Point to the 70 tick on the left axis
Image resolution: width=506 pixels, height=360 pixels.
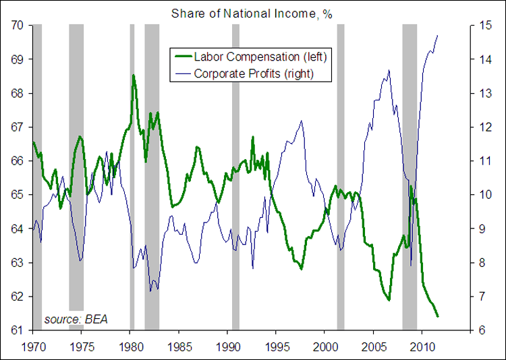tap(18, 25)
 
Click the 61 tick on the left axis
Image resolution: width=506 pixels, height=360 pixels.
tap(18, 330)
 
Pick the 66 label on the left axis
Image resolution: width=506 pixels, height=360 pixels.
tap(18, 161)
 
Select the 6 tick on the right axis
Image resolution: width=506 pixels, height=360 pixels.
tap(480, 330)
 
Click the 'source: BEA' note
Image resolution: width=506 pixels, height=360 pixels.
tap(76, 319)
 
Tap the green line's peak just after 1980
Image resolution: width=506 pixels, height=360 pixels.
tap(134, 75)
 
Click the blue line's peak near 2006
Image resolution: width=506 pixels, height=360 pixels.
tap(389, 70)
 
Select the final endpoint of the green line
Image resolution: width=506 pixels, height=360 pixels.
tap(438, 316)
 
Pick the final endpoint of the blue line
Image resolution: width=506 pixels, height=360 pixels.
tap(438, 35)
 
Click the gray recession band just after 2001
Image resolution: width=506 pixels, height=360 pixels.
tap(341, 175)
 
